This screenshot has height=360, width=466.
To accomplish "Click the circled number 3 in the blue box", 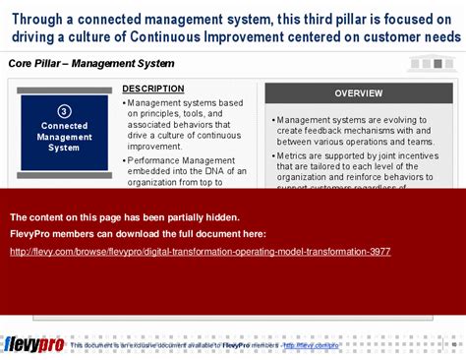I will pos(64,111).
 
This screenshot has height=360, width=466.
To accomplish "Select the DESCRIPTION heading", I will pos(152,89).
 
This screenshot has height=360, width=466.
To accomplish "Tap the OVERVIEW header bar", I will pos(358,93).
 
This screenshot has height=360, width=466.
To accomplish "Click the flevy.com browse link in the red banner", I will pos(200,252).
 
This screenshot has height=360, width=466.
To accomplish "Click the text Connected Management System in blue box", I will pos(64,137).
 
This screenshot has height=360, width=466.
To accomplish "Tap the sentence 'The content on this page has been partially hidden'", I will pos(124,217).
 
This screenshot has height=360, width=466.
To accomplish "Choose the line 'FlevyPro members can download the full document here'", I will pos(137,234).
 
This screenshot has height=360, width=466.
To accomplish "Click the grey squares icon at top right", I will pos(432,63).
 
